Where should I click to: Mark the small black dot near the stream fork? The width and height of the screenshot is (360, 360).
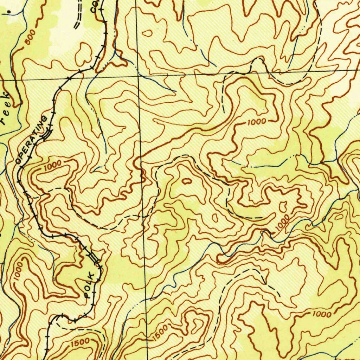(9, 11)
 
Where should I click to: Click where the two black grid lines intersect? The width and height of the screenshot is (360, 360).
(139, 76)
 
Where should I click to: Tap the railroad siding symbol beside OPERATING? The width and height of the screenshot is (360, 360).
(47, 133)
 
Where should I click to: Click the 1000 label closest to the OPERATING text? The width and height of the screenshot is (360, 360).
(53, 166)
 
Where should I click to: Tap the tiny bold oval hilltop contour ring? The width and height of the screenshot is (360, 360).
(186, 181)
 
